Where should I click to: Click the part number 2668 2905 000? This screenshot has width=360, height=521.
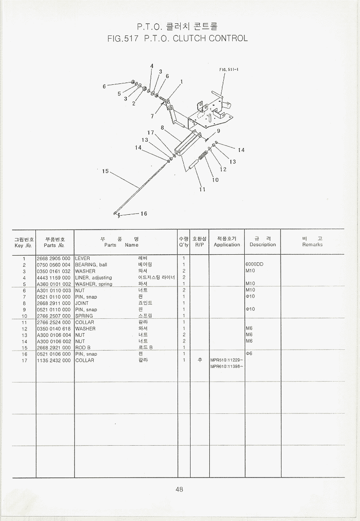tap(54, 259)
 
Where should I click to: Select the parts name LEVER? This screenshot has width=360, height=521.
tap(82, 259)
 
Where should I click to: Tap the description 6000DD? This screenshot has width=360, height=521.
tap(254, 265)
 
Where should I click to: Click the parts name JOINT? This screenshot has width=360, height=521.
tap(82, 303)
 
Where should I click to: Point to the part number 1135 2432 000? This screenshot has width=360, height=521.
tap(54, 360)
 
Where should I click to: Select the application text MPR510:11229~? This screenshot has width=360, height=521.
tap(227, 360)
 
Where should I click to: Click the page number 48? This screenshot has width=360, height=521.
tap(179, 490)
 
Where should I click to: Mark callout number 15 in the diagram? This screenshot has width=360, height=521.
tap(105, 171)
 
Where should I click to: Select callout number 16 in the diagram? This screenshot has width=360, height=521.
tap(144, 214)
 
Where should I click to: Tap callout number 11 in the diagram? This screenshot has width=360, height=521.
tap(202, 189)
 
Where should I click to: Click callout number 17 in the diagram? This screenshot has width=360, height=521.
tap(151, 133)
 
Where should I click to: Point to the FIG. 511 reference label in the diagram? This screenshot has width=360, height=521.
tap(228, 69)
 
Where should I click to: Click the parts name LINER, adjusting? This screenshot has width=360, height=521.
tap(94, 278)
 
